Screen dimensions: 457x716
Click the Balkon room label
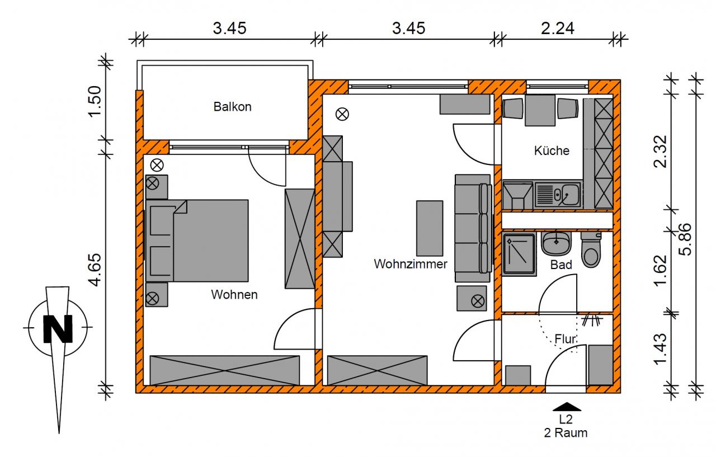232,107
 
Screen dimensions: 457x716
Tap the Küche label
552,150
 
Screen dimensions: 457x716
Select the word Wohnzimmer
411,263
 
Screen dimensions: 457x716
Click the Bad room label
561,265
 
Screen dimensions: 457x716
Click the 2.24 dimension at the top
558,28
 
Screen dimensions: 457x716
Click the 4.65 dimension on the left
95,270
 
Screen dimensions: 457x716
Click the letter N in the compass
58,328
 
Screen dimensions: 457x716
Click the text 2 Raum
566,432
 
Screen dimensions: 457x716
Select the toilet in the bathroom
591,250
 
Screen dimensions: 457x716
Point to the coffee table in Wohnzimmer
429,228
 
